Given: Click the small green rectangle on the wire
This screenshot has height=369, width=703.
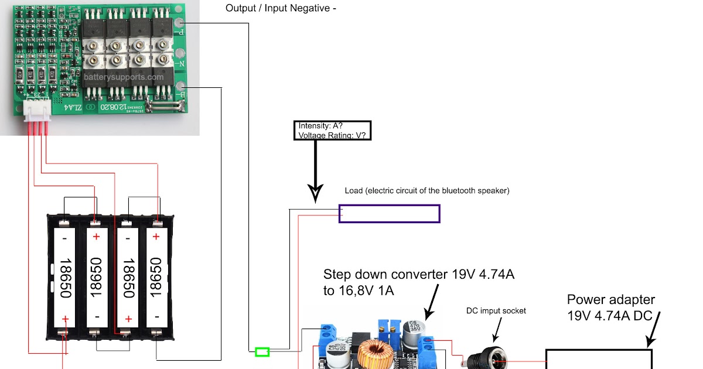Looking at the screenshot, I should point(262,351).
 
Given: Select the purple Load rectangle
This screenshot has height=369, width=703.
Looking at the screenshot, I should point(389,214).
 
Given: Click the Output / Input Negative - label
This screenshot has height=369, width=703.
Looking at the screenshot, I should point(281,9).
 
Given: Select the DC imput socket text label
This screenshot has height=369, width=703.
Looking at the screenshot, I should point(496,310).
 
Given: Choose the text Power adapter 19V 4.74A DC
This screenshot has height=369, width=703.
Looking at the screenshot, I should point(611,307).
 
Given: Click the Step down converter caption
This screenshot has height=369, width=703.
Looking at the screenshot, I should point(418,282).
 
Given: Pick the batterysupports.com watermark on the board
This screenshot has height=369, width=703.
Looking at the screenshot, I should point(124,77).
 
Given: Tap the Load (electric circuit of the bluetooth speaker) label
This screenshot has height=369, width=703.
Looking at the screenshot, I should point(427,190).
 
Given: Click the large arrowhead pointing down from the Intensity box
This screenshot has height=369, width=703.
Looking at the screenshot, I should point(316,193).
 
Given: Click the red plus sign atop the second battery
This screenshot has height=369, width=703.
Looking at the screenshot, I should point(96,237).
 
